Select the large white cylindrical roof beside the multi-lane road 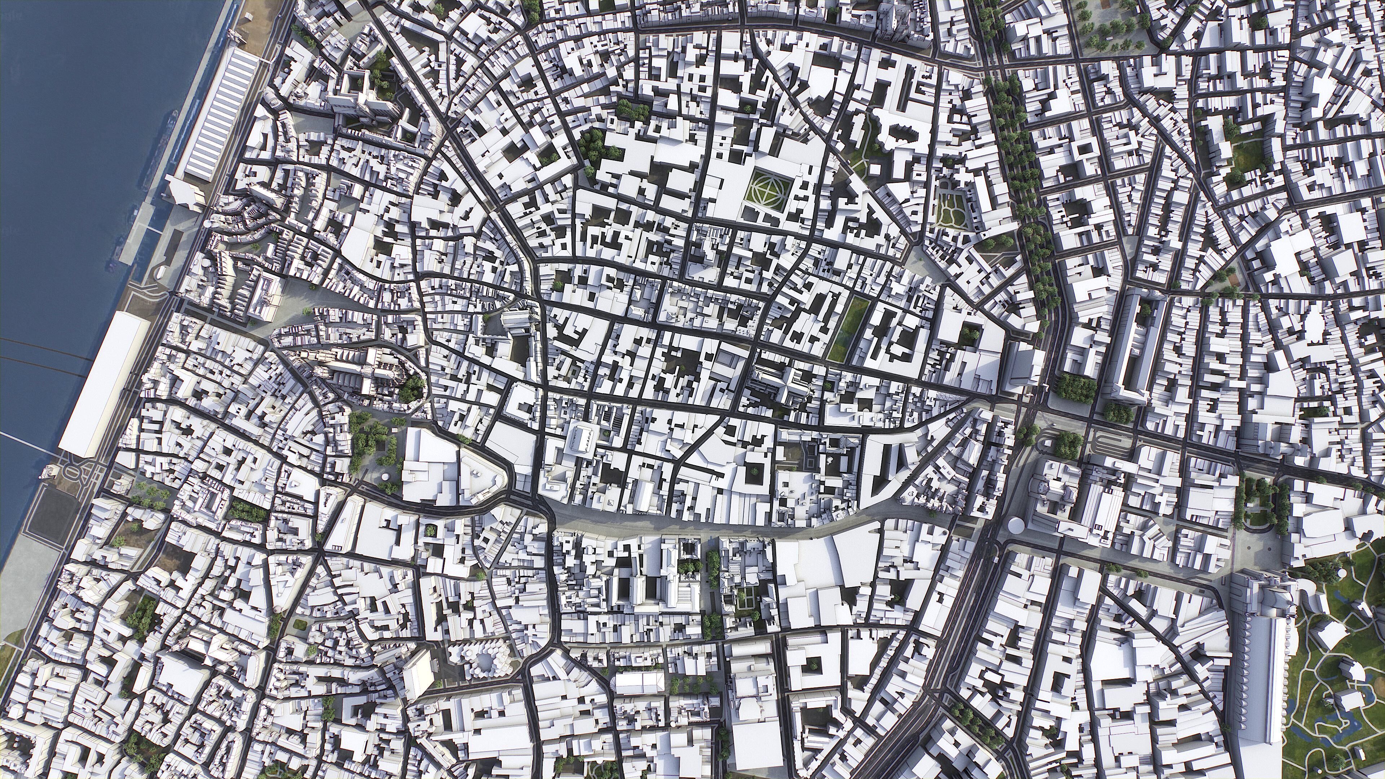point(1016,524)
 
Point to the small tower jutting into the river point(46,474)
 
